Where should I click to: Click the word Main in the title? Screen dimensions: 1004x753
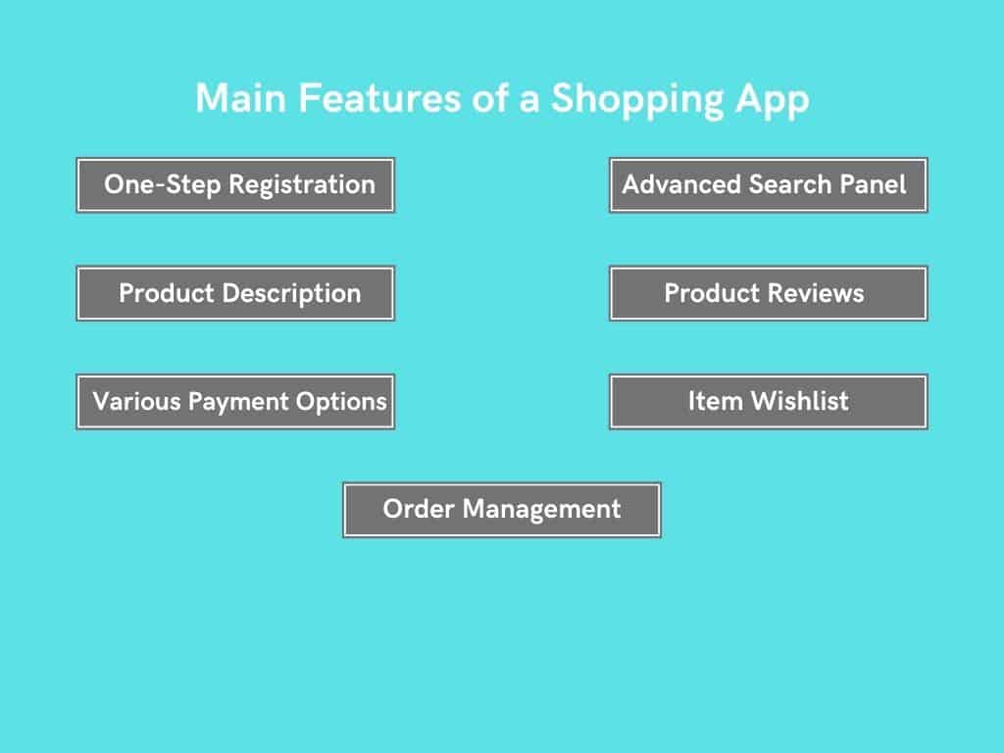click(x=241, y=99)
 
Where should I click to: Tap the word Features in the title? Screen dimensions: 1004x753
click(x=379, y=99)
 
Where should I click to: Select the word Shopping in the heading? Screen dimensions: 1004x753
click(x=637, y=101)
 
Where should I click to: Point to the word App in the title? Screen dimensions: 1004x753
click(x=773, y=101)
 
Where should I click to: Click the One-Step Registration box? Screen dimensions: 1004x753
click(x=235, y=185)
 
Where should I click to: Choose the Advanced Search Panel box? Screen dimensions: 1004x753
click(x=769, y=185)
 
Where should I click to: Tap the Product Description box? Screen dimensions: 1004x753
click(x=235, y=293)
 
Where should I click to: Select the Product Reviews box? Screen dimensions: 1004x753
click(x=769, y=293)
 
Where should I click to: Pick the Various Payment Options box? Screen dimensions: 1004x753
click(x=235, y=401)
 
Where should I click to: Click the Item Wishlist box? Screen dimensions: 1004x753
click(x=769, y=401)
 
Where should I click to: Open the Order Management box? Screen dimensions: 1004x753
click(x=502, y=510)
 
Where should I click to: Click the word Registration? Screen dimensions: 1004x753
click(x=302, y=185)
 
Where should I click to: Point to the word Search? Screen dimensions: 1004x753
click(x=790, y=184)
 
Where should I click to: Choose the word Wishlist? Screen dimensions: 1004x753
click(x=800, y=401)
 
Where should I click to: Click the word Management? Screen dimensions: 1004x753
click(x=541, y=510)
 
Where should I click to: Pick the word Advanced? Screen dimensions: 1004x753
click(x=681, y=184)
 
